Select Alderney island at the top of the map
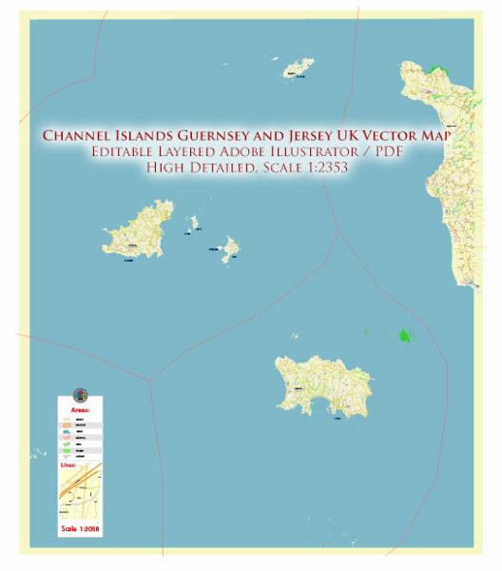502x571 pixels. coord(298,69)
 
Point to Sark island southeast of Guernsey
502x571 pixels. coord(229,249)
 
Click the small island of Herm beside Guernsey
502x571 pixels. coord(194,223)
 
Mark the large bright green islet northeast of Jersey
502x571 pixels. coord(406,336)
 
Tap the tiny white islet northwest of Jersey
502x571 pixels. coord(295,335)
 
